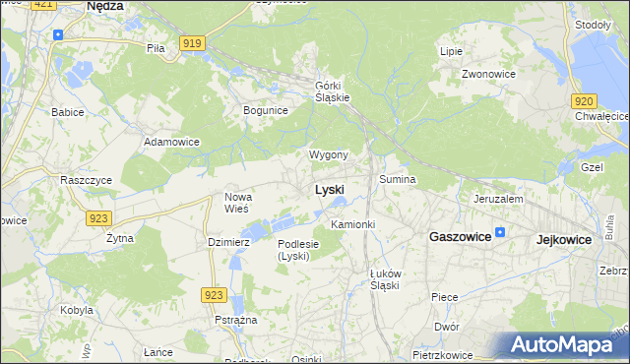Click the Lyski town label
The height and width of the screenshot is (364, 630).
point(329,189)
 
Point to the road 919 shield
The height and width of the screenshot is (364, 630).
point(193,43)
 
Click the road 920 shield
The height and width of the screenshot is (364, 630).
point(583,100)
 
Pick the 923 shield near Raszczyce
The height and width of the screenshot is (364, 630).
point(97,217)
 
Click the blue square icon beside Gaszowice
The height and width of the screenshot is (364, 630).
point(500,233)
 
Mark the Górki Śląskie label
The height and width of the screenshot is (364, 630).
point(333,90)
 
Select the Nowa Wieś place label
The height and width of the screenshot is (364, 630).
point(237,203)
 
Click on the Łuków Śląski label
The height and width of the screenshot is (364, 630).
point(378,278)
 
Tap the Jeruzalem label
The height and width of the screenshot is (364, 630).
point(497,198)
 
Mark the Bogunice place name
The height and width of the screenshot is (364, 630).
point(265,110)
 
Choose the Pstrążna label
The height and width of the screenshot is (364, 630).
point(236,321)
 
